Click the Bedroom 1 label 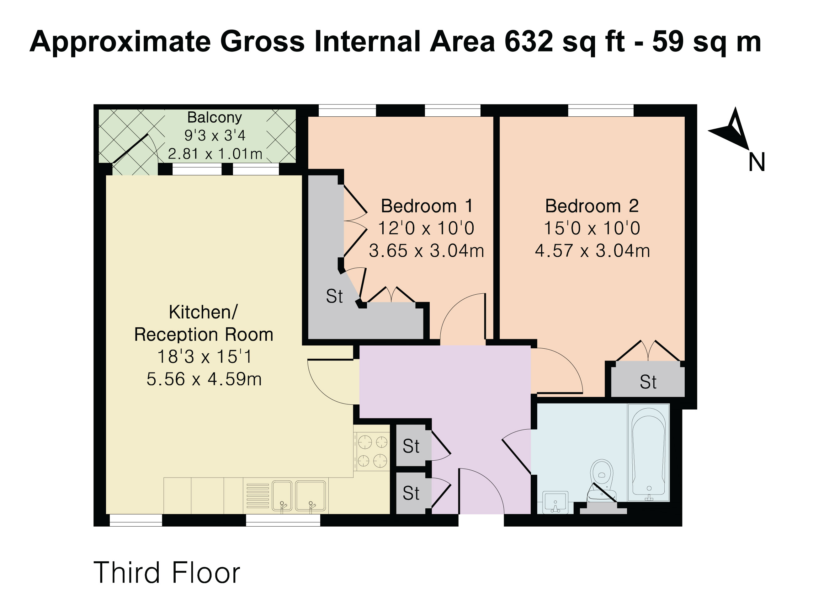427,206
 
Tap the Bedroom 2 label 592,206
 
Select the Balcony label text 215,117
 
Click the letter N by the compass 757,162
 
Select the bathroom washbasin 555,503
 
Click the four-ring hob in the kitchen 372,452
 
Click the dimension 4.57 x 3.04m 592,251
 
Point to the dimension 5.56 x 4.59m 204,379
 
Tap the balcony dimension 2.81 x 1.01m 215,154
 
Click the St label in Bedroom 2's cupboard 648,382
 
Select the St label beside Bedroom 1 334,296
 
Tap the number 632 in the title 529,41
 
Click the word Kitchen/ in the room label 203,312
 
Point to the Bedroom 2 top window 601,111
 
